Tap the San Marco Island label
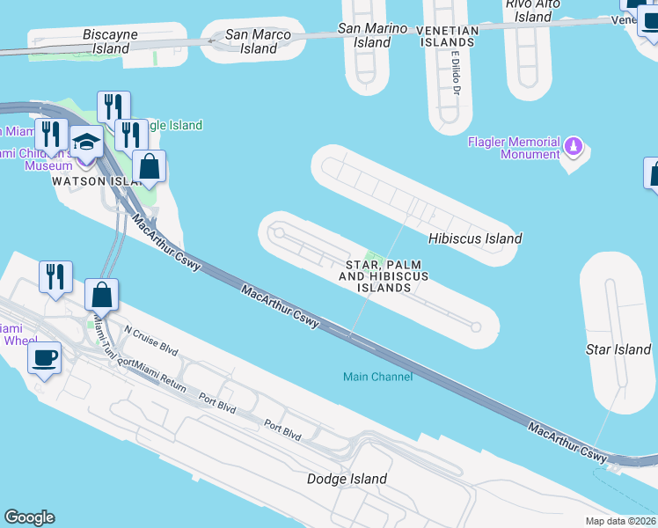click(259, 41)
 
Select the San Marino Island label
click(373, 35)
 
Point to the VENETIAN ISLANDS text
click(447, 35)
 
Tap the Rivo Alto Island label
click(533, 10)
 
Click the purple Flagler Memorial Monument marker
click(574, 145)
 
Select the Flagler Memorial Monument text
click(514, 148)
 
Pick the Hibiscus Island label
click(475, 238)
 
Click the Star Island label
click(618, 349)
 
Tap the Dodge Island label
click(347, 479)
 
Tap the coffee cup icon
click(44, 358)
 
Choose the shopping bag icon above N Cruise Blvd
click(102, 295)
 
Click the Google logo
click(29, 517)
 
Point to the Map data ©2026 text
click(621, 521)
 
